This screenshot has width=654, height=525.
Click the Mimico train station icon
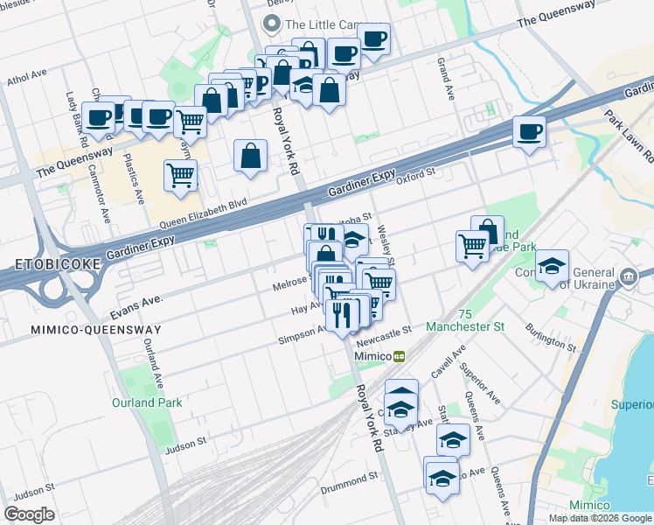[x=399, y=356]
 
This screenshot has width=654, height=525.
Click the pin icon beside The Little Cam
[x=273, y=24]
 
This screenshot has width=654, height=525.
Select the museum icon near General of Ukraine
[x=629, y=278]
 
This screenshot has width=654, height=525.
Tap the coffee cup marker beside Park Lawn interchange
[x=529, y=132]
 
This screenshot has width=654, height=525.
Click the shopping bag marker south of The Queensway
[x=250, y=156]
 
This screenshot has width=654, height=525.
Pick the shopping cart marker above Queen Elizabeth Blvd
[x=180, y=175]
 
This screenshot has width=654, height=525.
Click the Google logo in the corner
[x=30, y=514]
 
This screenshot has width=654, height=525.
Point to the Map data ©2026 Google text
[x=600, y=518]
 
